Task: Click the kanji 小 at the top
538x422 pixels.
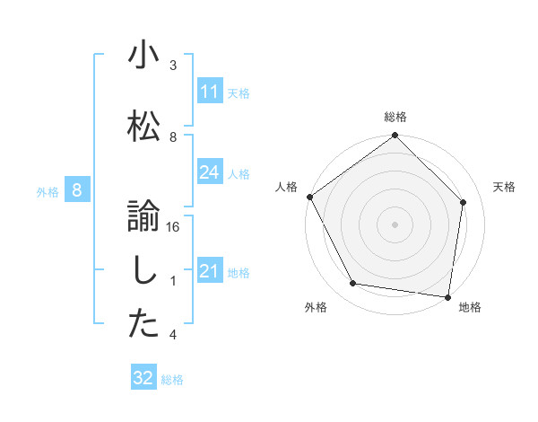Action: pyautogui.click(x=143, y=56)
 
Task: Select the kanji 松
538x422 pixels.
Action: pyautogui.click(x=143, y=125)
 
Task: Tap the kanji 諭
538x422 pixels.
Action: pyautogui.click(x=143, y=215)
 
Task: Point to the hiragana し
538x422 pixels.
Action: pyautogui.click(x=143, y=270)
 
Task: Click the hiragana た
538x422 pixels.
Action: pyautogui.click(x=143, y=324)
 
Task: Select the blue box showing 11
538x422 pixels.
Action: pyautogui.click(x=210, y=92)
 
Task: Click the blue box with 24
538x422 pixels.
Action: pyautogui.click(x=210, y=173)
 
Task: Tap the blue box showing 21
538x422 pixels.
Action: pyautogui.click(x=210, y=272)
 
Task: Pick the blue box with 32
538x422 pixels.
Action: pyautogui.click(x=143, y=378)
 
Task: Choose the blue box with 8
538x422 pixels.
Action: pyautogui.click(x=77, y=190)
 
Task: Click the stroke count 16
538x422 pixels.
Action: pyautogui.click(x=173, y=227)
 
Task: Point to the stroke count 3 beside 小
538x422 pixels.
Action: pyautogui.click(x=173, y=66)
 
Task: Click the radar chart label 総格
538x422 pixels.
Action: pyautogui.click(x=395, y=117)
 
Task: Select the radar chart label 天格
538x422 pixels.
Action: pyautogui.click(x=505, y=187)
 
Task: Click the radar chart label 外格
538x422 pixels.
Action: pyautogui.click(x=315, y=308)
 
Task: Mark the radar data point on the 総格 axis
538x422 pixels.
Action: pyautogui.click(x=395, y=136)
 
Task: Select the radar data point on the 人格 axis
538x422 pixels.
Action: pyautogui.click(x=309, y=197)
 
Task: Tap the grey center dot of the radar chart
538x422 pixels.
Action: pyautogui.click(x=395, y=224)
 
